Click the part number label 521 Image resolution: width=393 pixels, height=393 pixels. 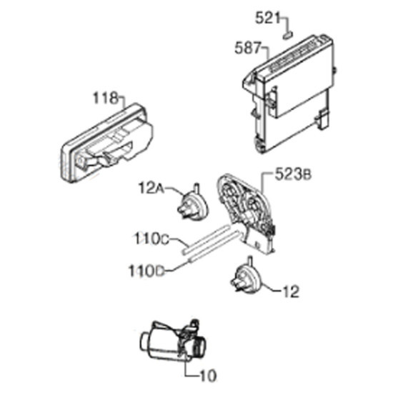pyautogui.click(x=267, y=19)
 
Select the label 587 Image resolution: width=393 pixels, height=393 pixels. pyautogui.click(x=248, y=48)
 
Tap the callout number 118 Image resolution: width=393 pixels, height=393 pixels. pyautogui.click(x=105, y=98)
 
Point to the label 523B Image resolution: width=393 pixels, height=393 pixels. pyautogui.click(x=293, y=174)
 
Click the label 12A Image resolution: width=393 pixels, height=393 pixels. pyautogui.click(x=151, y=188)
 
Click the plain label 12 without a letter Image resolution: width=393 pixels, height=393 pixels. pyautogui.click(x=291, y=292)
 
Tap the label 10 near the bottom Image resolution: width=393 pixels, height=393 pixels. pyautogui.click(x=208, y=375)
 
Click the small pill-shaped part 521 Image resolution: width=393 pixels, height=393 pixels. pyautogui.click(x=288, y=35)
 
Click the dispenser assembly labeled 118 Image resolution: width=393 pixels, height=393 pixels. pyautogui.click(x=106, y=143)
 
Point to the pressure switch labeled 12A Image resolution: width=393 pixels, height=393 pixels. pyautogui.click(x=192, y=202)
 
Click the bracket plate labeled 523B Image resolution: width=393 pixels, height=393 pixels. pyautogui.click(x=247, y=213)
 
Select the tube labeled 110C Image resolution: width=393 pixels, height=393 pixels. pyautogui.click(x=206, y=239)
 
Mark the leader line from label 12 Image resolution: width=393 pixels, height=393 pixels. pyautogui.click(x=272, y=288)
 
